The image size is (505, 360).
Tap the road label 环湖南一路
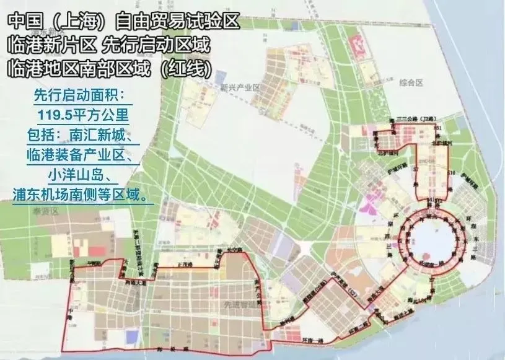[x=434, y=264]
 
